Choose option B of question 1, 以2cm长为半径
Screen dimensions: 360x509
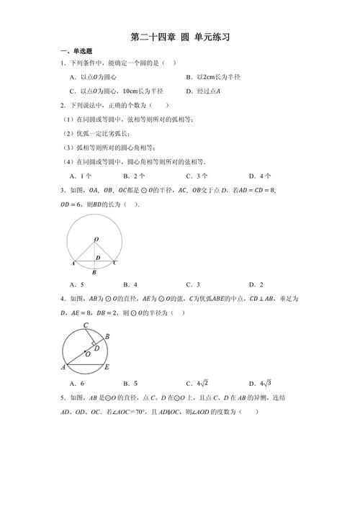pyautogui.click(x=217, y=77)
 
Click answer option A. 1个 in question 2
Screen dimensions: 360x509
pyautogui.click(x=81, y=175)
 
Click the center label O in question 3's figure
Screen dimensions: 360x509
pyautogui.click(x=96, y=238)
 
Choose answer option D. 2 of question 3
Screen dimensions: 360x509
pyautogui.click(x=256, y=284)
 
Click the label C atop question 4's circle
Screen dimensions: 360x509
pyautogui.click(x=86, y=326)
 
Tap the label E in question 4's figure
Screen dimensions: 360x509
pyautogui.click(x=107, y=367)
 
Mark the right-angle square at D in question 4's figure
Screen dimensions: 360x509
pyautogui.click(x=93, y=343)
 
